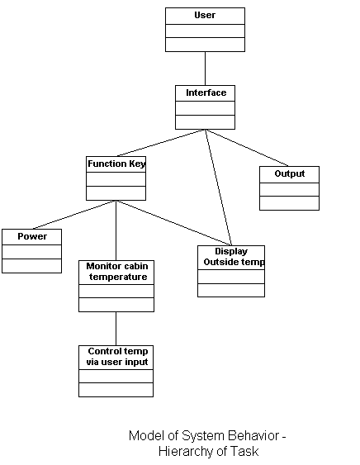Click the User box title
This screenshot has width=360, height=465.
tap(205, 15)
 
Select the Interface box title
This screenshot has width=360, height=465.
tap(206, 93)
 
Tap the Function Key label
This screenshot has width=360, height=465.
tap(116, 164)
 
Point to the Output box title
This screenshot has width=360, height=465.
tap(290, 173)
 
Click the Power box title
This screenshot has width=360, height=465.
tap(32, 236)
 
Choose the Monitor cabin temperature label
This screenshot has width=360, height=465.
tap(117, 272)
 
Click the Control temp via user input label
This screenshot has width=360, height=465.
tap(117, 357)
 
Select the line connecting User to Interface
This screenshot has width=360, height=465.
tap(205, 69)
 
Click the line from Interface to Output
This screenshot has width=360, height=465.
tap(246, 148)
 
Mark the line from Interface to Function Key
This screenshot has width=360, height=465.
tap(161, 143)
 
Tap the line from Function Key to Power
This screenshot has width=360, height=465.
tap(74, 215)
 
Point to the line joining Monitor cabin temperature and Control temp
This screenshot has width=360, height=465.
tap(116, 329)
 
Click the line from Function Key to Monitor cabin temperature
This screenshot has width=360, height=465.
tap(116, 230)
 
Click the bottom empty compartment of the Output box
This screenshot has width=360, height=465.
tap(290, 203)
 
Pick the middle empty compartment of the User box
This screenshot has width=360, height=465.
tap(205, 31)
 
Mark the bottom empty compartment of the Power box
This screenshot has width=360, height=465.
tap(31, 266)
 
